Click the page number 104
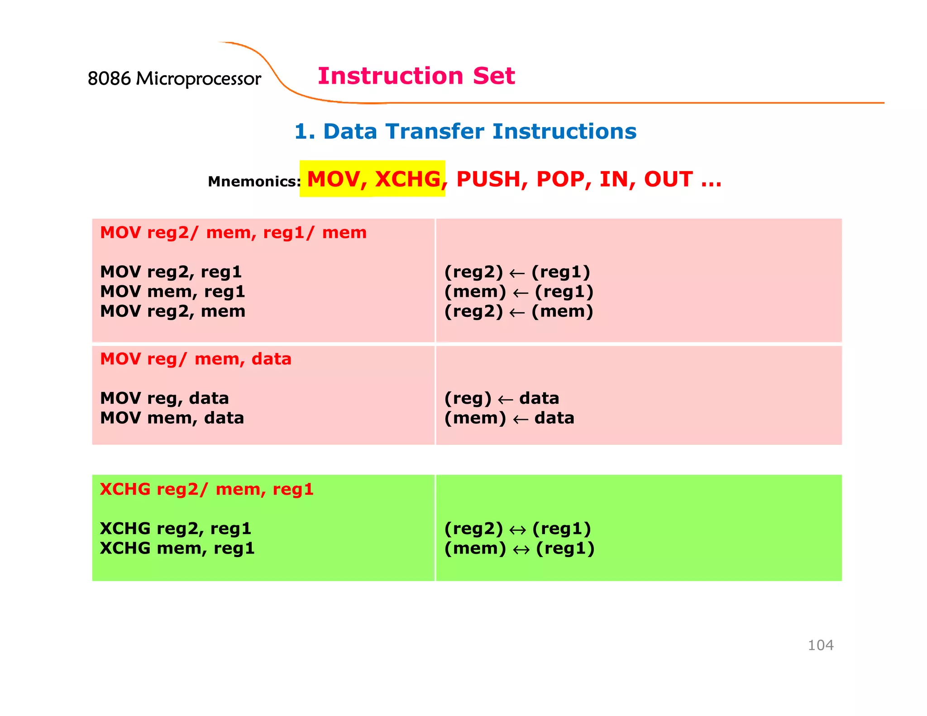click(x=820, y=645)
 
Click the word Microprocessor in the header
click(x=198, y=79)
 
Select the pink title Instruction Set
click(x=416, y=76)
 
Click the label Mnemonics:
click(x=254, y=181)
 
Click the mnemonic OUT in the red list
click(x=668, y=179)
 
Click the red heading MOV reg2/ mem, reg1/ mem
click(x=233, y=233)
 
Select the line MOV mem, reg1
click(x=172, y=291)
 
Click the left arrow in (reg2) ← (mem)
click(x=517, y=312)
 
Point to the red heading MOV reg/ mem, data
click(x=196, y=359)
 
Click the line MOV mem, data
click(x=172, y=418)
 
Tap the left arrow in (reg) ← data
click(x=505, y=400)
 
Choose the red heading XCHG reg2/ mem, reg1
click(x=206, y=489)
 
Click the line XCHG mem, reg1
click(x=177, y=548)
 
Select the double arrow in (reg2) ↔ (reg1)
click(x=517, y=530)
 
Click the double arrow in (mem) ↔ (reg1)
click(x=521, y=549)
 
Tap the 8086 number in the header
click(x=109, y=79)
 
